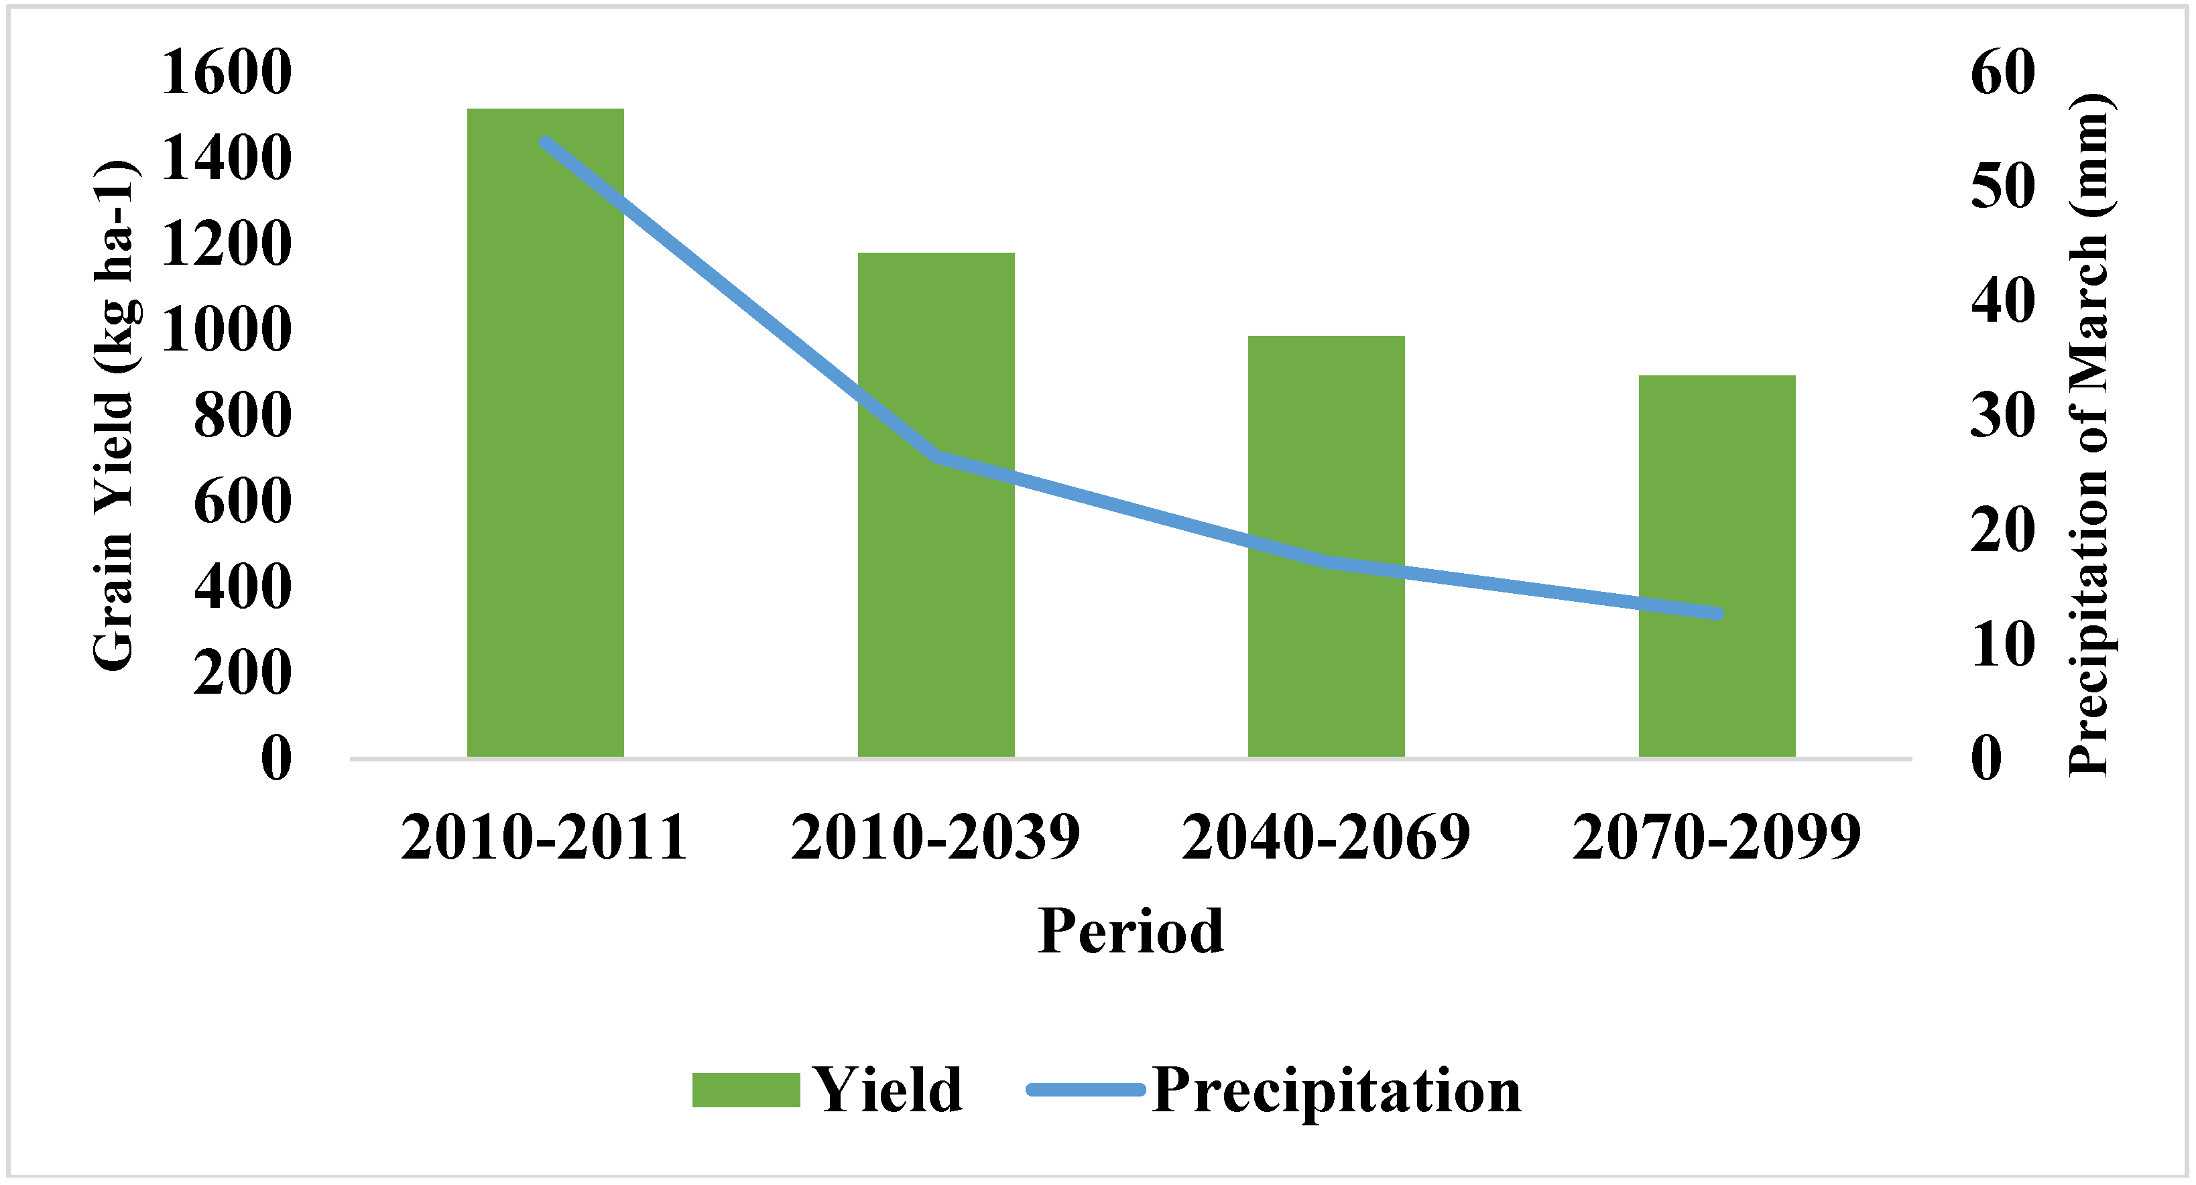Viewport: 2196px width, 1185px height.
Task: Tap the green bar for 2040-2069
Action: pyautogui.click(x=1327, y=546)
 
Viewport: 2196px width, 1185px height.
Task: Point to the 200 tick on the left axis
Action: pyautogui.click(x=242, y=674)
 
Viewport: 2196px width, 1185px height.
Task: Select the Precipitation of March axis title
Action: pyautogui.click(x=2089, y=435)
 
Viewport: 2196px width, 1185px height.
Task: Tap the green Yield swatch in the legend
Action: pyautogui.click(x=746, y=1090)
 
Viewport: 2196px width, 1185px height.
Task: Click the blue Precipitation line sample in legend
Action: pyautogui.click(x=1085, y=1090)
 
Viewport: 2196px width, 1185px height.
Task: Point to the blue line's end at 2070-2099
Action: pyautogui.click(x=1719, y=614)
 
